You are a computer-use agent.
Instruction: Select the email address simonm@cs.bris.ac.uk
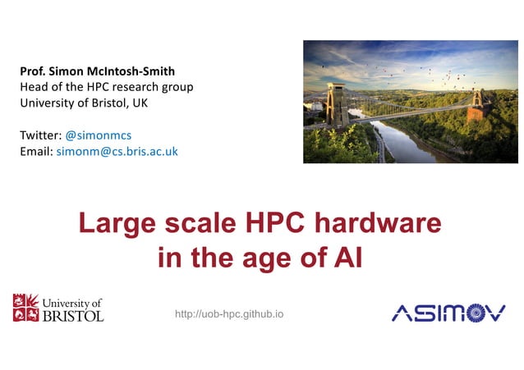click(x=117, y=152)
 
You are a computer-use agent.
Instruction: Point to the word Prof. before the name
click(x=34, y=71)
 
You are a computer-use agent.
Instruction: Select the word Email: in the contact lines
click(x=36, y=152)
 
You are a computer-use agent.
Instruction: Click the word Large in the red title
click(x=115, y=224)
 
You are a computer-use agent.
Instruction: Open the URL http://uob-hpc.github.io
click(x=229, y=314)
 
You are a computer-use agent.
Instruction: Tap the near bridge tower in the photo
click(x=335, y=105)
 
